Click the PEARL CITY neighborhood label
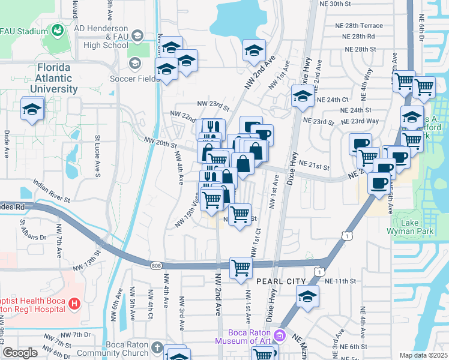[281, 281]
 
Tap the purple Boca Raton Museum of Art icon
[278, 334]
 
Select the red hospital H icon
[74, 304]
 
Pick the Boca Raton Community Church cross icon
[157, 347]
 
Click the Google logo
[20, 353]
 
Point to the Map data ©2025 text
[423, 355]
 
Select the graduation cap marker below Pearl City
[307, 297]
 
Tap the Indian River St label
[52, 190]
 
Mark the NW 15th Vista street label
[187, 214]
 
